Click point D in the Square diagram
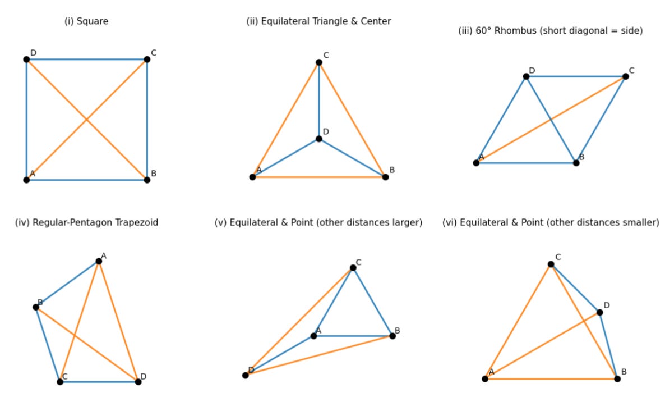(26, 60)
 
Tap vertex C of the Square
(147, 60)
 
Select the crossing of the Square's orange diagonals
(86, 120)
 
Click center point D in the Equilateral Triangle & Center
(319, 139)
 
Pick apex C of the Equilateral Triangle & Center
(319, 62)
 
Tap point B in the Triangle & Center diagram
(385, 177)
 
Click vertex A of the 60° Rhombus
(476, 163)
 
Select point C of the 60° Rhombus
(626, 76)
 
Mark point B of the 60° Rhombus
(576, 163)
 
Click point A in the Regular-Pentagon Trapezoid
(99, 261)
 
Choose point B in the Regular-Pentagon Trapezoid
(36, 307)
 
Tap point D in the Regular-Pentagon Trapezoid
(138, 382)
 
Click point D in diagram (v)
(246, 375)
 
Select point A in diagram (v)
(313, 336)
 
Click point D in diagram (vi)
(600, 312)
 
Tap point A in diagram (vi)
(485, 378)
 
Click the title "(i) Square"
(86, 21)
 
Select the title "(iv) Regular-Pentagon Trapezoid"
(86, 222)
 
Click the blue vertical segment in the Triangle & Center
(319, 101)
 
